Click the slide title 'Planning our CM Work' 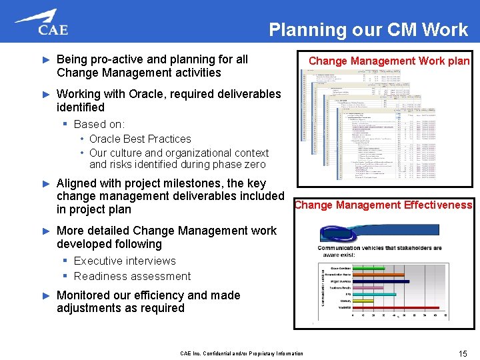(368, 29)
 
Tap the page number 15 (462, 353)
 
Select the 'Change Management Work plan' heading (389, 61)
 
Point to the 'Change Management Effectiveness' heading (383, 205)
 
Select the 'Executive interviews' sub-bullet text (125, 261)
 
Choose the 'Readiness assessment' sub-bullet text (132, 276)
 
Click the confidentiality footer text (241, 353)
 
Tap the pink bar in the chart (363, 287)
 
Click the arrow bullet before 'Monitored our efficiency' (46, 295)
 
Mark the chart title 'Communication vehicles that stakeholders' (379, 248)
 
